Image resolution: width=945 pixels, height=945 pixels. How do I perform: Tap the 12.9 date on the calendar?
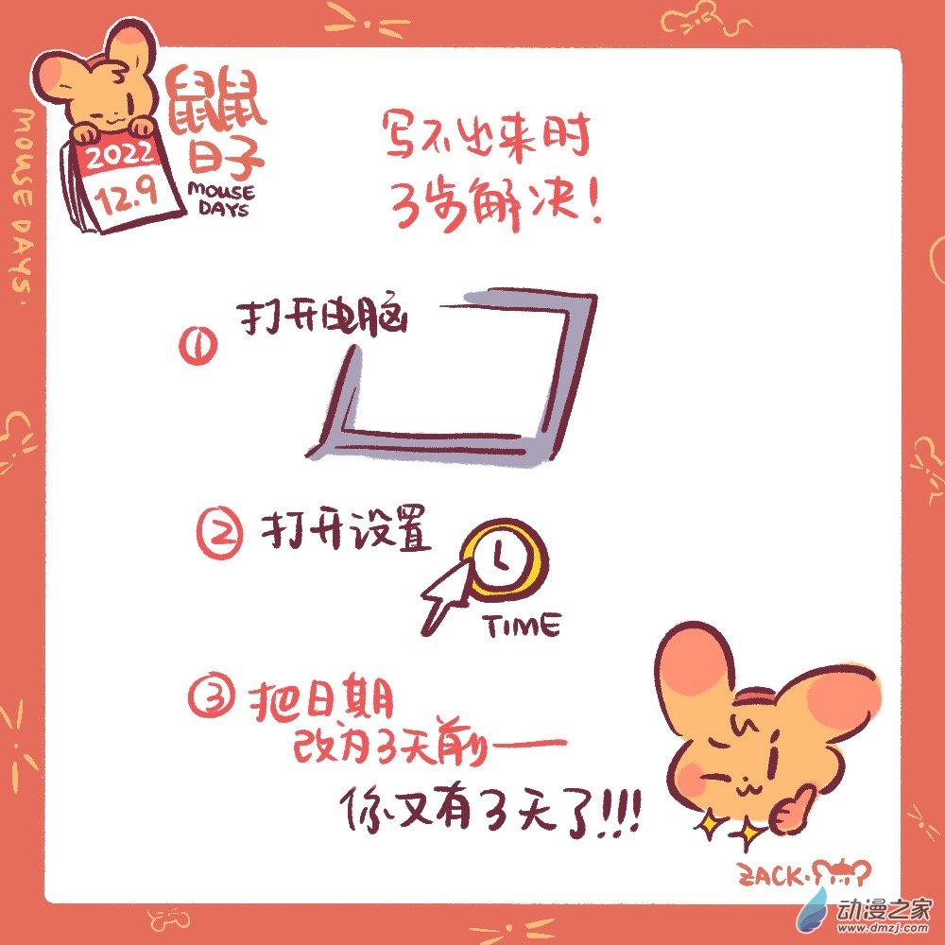point(129,196)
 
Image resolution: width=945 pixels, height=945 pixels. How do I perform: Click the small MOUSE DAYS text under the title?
point(220,199)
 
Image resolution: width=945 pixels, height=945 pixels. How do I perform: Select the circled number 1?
point(198,347)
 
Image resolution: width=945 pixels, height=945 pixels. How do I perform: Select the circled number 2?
point(222,534)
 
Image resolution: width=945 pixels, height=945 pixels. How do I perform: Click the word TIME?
point(521,626)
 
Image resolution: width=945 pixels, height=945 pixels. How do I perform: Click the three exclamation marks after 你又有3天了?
point(619,814)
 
